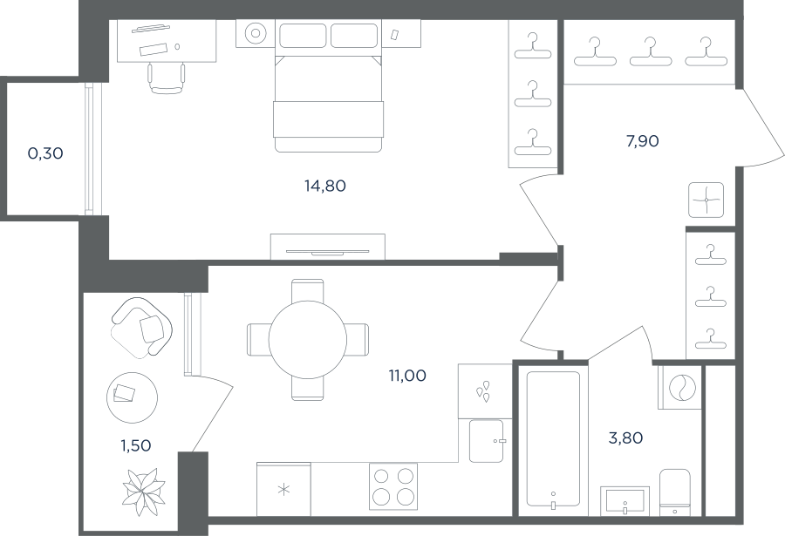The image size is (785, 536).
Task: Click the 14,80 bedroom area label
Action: click(325, 187)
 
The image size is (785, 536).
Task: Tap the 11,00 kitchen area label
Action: click(407, 376)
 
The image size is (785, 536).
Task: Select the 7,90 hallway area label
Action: click(642, 141)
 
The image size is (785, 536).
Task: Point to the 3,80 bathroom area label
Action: click(625, 438)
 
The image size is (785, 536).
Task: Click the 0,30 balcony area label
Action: click(45, 153)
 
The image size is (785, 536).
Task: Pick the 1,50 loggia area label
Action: click(136, 445)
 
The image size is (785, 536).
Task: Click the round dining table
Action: click(307, 339)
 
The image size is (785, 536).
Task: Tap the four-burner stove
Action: click(393, 486)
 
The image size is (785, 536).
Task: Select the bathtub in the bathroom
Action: click(553, 438)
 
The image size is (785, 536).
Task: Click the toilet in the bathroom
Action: click(675, 492)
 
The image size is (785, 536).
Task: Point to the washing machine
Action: click(679, 388)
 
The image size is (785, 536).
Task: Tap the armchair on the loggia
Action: click(142, 328)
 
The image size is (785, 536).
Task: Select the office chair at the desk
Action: click(167, 78)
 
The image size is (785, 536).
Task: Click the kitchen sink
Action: click(486, 441)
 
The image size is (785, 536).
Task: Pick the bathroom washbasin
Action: click(625, 500)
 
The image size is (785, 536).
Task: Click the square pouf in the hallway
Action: click(706, 200)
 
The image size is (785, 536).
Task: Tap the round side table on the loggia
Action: click(133, 397)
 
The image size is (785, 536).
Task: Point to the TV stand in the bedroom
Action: click(328, 247)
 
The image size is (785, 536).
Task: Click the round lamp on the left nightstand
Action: click(256, 33)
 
